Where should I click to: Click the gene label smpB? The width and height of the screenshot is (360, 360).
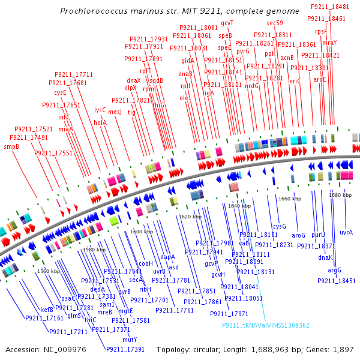click(x=11, y=146)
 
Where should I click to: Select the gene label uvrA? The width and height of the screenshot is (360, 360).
click(x=346, y=232)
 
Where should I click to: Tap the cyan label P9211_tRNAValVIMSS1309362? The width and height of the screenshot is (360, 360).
click(x=266, y=325)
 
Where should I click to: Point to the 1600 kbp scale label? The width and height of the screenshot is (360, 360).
click(x=142, y=232)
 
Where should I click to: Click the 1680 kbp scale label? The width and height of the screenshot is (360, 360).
click(x=340, y=195)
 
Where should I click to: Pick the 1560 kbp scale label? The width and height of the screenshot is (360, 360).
click(x=48, y=271)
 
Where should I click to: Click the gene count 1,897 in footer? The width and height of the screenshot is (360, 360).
click(x=342, y=349)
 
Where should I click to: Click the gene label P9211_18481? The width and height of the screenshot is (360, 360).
click(x=330, y=7)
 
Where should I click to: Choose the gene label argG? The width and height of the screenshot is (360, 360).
click(x=334, y=270)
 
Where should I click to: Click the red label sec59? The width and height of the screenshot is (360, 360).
click(x=275, y=23)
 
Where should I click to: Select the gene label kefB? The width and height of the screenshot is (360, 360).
click(x=47, y=310)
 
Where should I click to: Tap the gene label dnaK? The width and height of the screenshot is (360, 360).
click(x=325, y=257)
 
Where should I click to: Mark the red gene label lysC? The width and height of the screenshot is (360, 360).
click(x=100, y=110)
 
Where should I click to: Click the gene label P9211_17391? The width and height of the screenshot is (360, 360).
click(x=125, y=349)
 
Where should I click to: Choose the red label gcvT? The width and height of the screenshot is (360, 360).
click(x=227, y=23)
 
